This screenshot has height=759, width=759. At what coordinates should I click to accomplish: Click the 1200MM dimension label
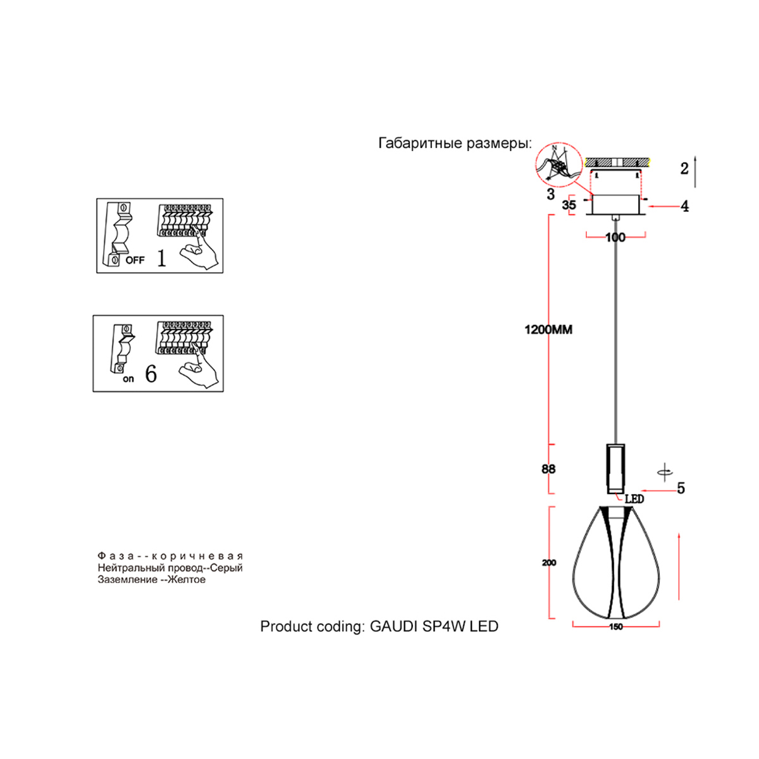pyautogui.click(x=548, y=330)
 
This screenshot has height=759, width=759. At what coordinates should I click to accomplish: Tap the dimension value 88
pyautogui.click(x=548, y=469)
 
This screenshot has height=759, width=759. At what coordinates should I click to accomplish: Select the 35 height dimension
pyautogui.click(x=569, y=205)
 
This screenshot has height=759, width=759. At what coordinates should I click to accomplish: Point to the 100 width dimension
pyautogui.click(x=615, y=237)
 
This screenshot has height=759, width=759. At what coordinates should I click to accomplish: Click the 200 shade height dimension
pyautogui.click(x=549, y=562)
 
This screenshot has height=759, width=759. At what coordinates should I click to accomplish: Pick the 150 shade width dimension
pyautogui.click(x=615, y=627)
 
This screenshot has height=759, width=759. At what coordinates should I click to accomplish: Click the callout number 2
pyautogui.click(x=684, y=169)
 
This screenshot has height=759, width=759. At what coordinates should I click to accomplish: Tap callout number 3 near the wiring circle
pyautogui.click(x=550, y=194)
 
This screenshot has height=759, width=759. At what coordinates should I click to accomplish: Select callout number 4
pyautogui.click(x=684, y=206)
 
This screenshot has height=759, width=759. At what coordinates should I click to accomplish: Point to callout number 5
pyautogui.click(x=681, y=488)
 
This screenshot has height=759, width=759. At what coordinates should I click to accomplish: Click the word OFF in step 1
pyautogui.click(x=135, y=260)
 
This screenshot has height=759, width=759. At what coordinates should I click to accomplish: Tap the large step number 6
pyautogui.click(x=151, y=374)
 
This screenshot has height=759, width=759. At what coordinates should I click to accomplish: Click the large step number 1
pyautogui.click(x=161, y=258)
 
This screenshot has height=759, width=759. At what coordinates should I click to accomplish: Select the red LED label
pyautogui.click(x=634, y=499)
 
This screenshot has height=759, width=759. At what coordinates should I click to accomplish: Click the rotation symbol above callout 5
pyautogui.click(x=664, y=471)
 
